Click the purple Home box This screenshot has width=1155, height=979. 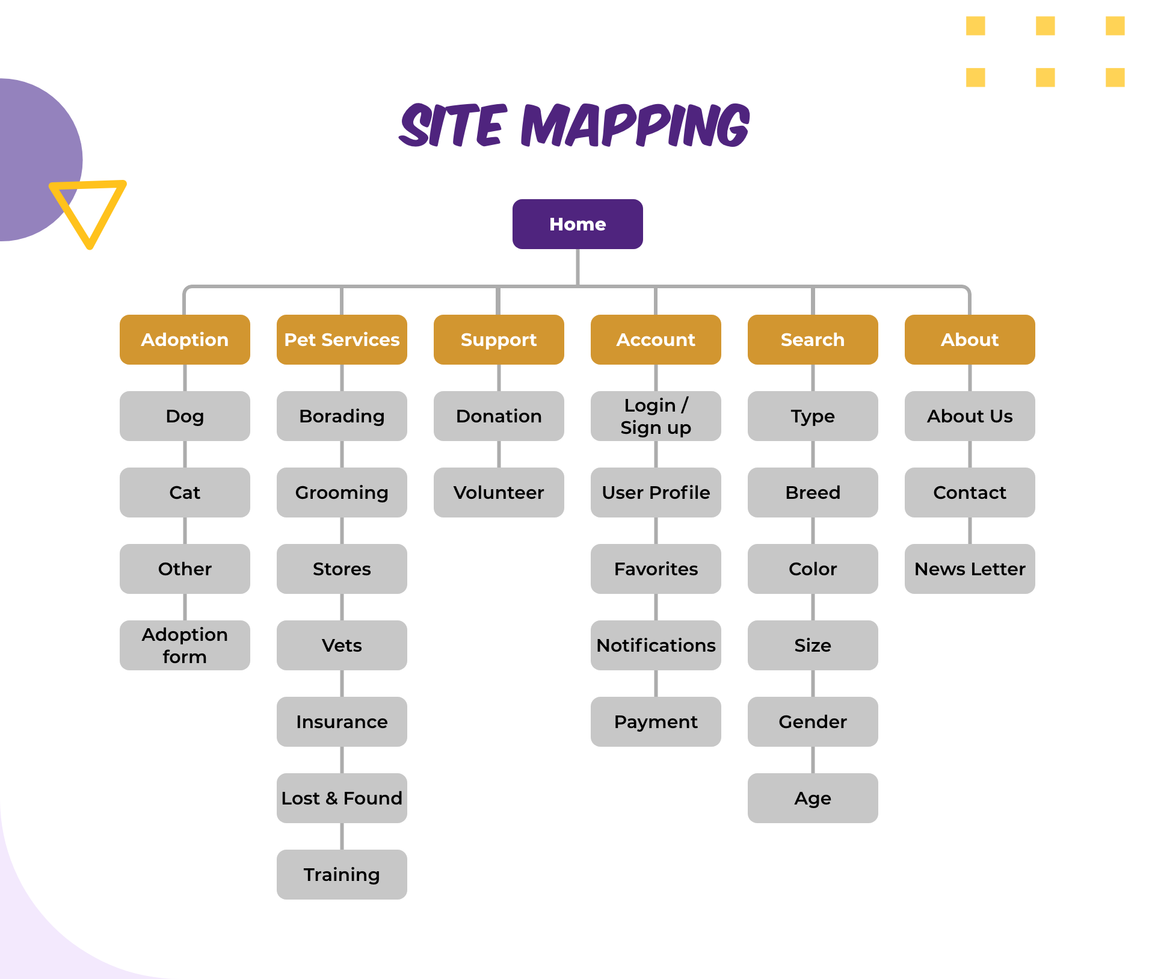(577, 224)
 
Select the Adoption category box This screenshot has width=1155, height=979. (185, 339)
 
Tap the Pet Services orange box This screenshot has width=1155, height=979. (342, 339)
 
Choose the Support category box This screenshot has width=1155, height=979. (499, 339)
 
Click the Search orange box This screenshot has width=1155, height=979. (813, 339)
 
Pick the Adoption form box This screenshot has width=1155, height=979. (185, 645)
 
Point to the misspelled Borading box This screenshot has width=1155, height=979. (342, 416)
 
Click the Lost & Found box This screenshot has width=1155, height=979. (342, 798)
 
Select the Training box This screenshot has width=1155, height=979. (342, 874)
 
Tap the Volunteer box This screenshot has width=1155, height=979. (499, 492)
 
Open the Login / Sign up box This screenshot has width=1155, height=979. (656, 416)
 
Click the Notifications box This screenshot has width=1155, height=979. (656, 645)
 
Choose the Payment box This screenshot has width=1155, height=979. (656, 721)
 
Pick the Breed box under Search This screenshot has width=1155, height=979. (813, 492)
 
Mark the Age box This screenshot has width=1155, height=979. (813, 798)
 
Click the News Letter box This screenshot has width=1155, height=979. (970, 569)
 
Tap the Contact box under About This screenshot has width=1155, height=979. (970, 492)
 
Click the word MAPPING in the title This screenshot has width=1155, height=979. (635, 125)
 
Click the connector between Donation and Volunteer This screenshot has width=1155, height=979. (499, 454)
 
